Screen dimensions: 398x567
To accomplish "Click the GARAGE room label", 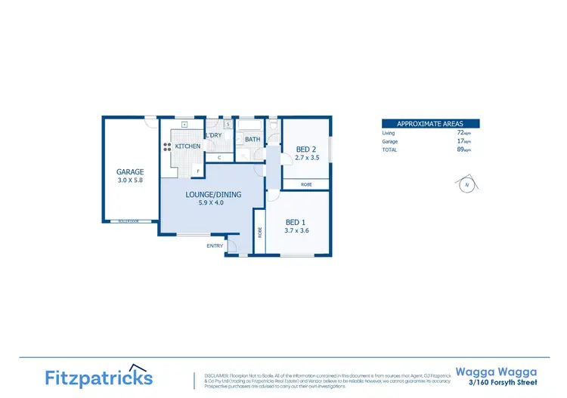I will [130, 172].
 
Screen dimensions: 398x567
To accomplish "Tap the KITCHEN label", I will [187, 146].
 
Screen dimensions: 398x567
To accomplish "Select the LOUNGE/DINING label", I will [213, 195].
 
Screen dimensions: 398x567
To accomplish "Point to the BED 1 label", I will [296, 222].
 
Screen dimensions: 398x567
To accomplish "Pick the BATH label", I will [253, 140].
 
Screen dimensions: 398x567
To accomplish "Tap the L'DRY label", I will [213, 136].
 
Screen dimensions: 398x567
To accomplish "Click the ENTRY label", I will [215, 245].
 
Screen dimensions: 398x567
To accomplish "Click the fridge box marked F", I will [198, 171].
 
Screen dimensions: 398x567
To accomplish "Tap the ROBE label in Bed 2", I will [306, 184].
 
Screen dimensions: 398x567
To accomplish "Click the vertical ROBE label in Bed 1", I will [260, 233].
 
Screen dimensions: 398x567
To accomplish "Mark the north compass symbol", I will [466, 184].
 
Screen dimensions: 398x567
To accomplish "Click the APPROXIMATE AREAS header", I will [430, 123].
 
